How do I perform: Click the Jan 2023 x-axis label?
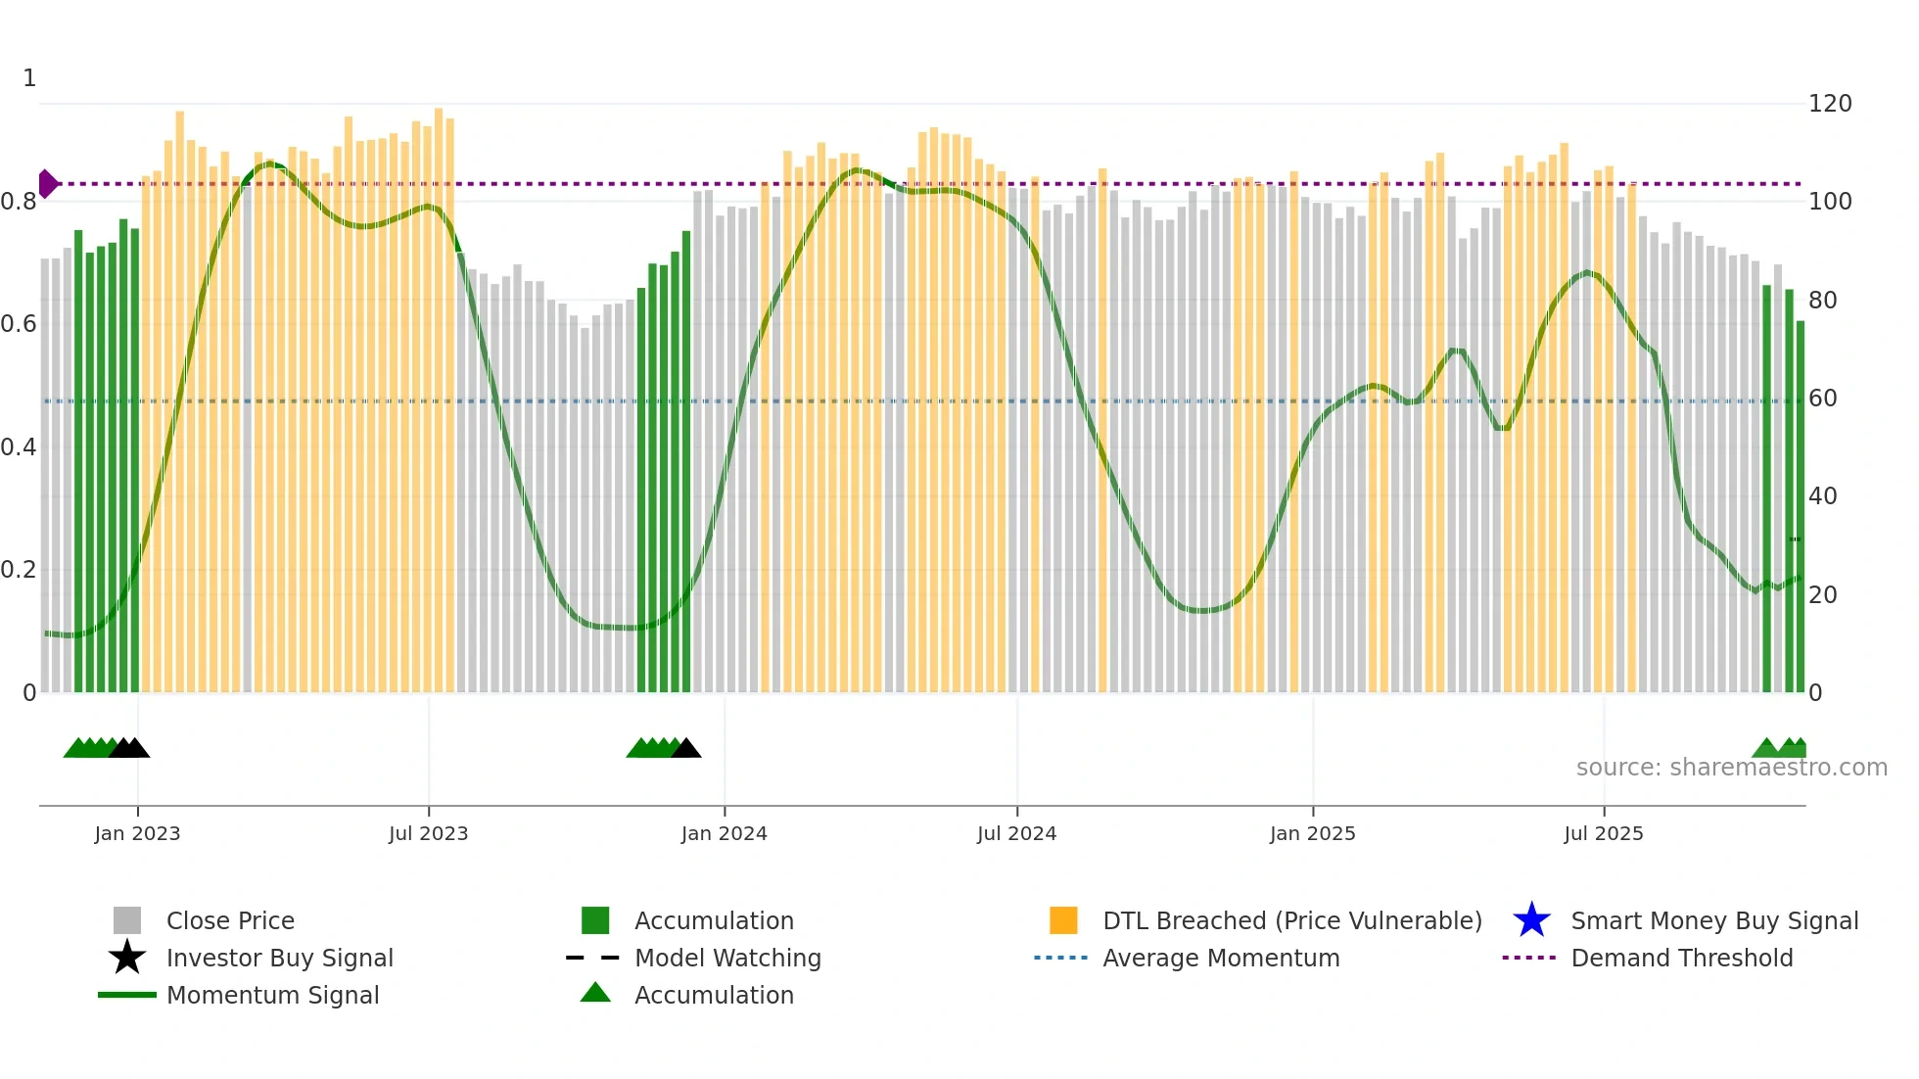tap(137, 833)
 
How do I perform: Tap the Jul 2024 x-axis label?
tap(1016, 833)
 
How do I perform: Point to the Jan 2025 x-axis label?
tap(1312, 833)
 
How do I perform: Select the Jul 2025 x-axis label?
tap(1603, 833)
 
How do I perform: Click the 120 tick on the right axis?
tap(1829, 104)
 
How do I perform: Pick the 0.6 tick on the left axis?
tap(19, 324)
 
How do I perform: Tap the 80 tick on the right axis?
tap(1822, 301)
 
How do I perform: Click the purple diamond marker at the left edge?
tap(47, 183)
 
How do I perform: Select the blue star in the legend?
tap(1531, 920)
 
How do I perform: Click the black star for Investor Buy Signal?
tap(127, 958)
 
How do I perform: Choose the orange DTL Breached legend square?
tap(1063, 920)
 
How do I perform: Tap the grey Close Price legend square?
tap(127, 920)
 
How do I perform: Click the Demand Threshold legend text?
tap(1681, 958)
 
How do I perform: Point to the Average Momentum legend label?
tap(1221, 958)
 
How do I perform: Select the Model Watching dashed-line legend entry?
tap(593, 958)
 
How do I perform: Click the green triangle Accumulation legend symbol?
tap(595, 993)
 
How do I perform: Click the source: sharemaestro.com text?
tap(1731, 768)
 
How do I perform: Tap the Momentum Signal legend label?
tap(272, 995)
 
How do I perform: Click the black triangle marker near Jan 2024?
tap(686, 749)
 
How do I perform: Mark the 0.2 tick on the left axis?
tap(19, 570)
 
